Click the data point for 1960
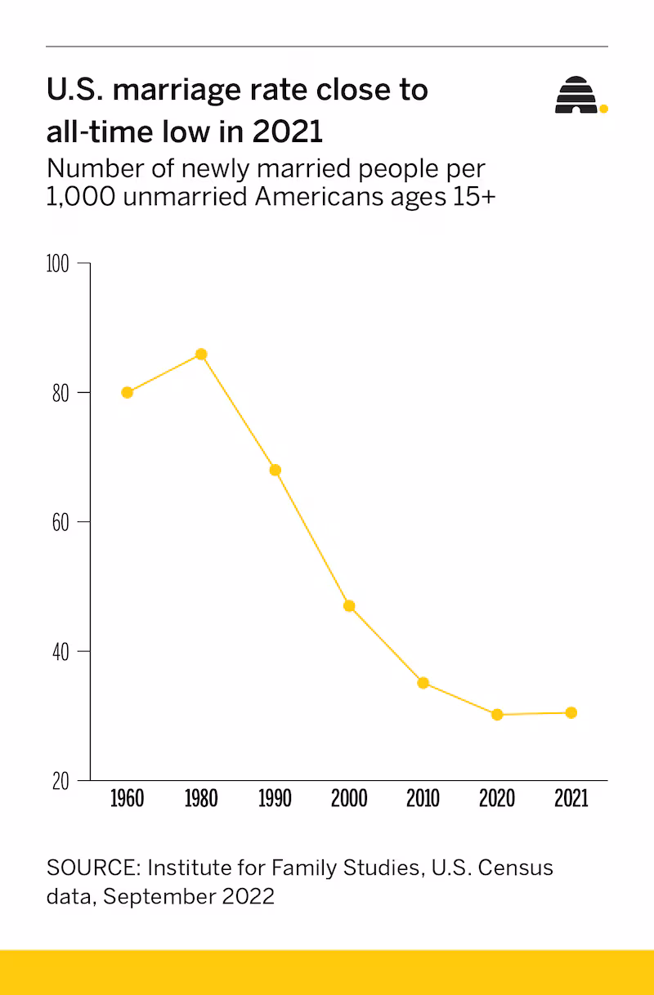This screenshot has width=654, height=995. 127,392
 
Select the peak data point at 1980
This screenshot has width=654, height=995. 201,354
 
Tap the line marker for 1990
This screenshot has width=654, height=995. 275,470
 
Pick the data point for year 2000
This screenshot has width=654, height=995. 349,605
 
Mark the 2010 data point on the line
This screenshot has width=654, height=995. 423,683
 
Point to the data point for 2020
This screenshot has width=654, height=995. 497,715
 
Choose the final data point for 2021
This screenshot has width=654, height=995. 571,712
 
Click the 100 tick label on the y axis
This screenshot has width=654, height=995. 60,264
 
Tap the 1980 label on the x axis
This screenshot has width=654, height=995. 201,798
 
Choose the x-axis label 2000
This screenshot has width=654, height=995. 349,798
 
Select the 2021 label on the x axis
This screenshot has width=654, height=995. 571,798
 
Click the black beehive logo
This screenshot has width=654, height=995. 576,96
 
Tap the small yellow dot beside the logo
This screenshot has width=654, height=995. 603,108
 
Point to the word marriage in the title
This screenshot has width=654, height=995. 174,90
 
